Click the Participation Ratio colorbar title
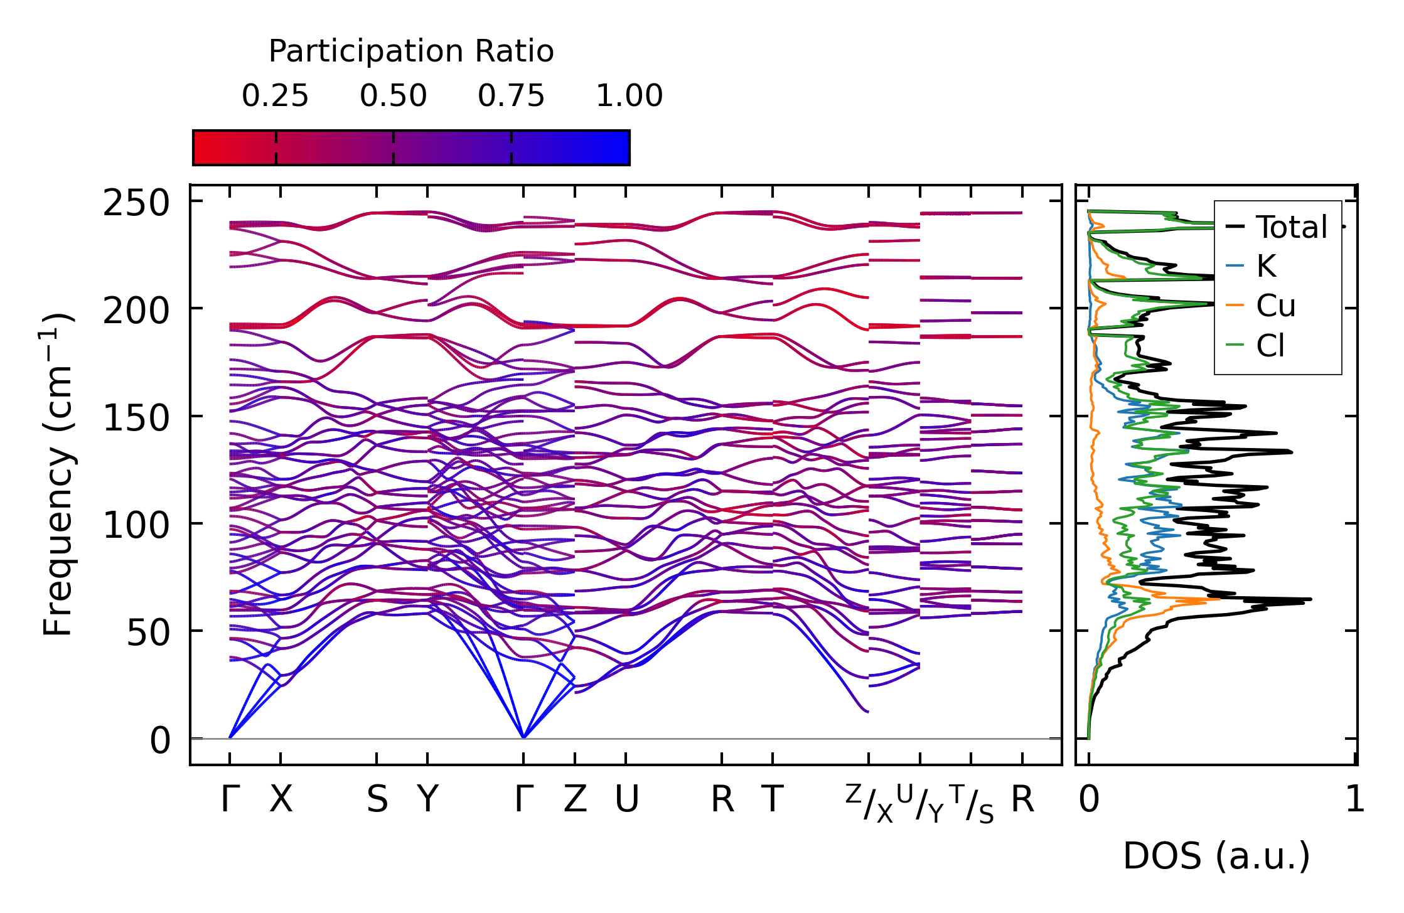point(411,51)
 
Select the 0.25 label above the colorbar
point(275,96)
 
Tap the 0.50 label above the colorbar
point(393,96)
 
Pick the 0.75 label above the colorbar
point(511,96)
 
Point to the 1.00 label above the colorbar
point(629,96)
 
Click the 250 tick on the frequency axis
point(136,204)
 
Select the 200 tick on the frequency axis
point(136,311)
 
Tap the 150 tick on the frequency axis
point(136,419)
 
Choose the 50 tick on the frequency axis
point(148,634)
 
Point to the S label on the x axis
point(377,800)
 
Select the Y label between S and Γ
point(427,800)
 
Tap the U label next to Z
point(626,800)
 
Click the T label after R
point(773,800)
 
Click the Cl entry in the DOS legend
point(1270,346)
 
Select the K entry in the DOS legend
point(1266,267)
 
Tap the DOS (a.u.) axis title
point(1216,857)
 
